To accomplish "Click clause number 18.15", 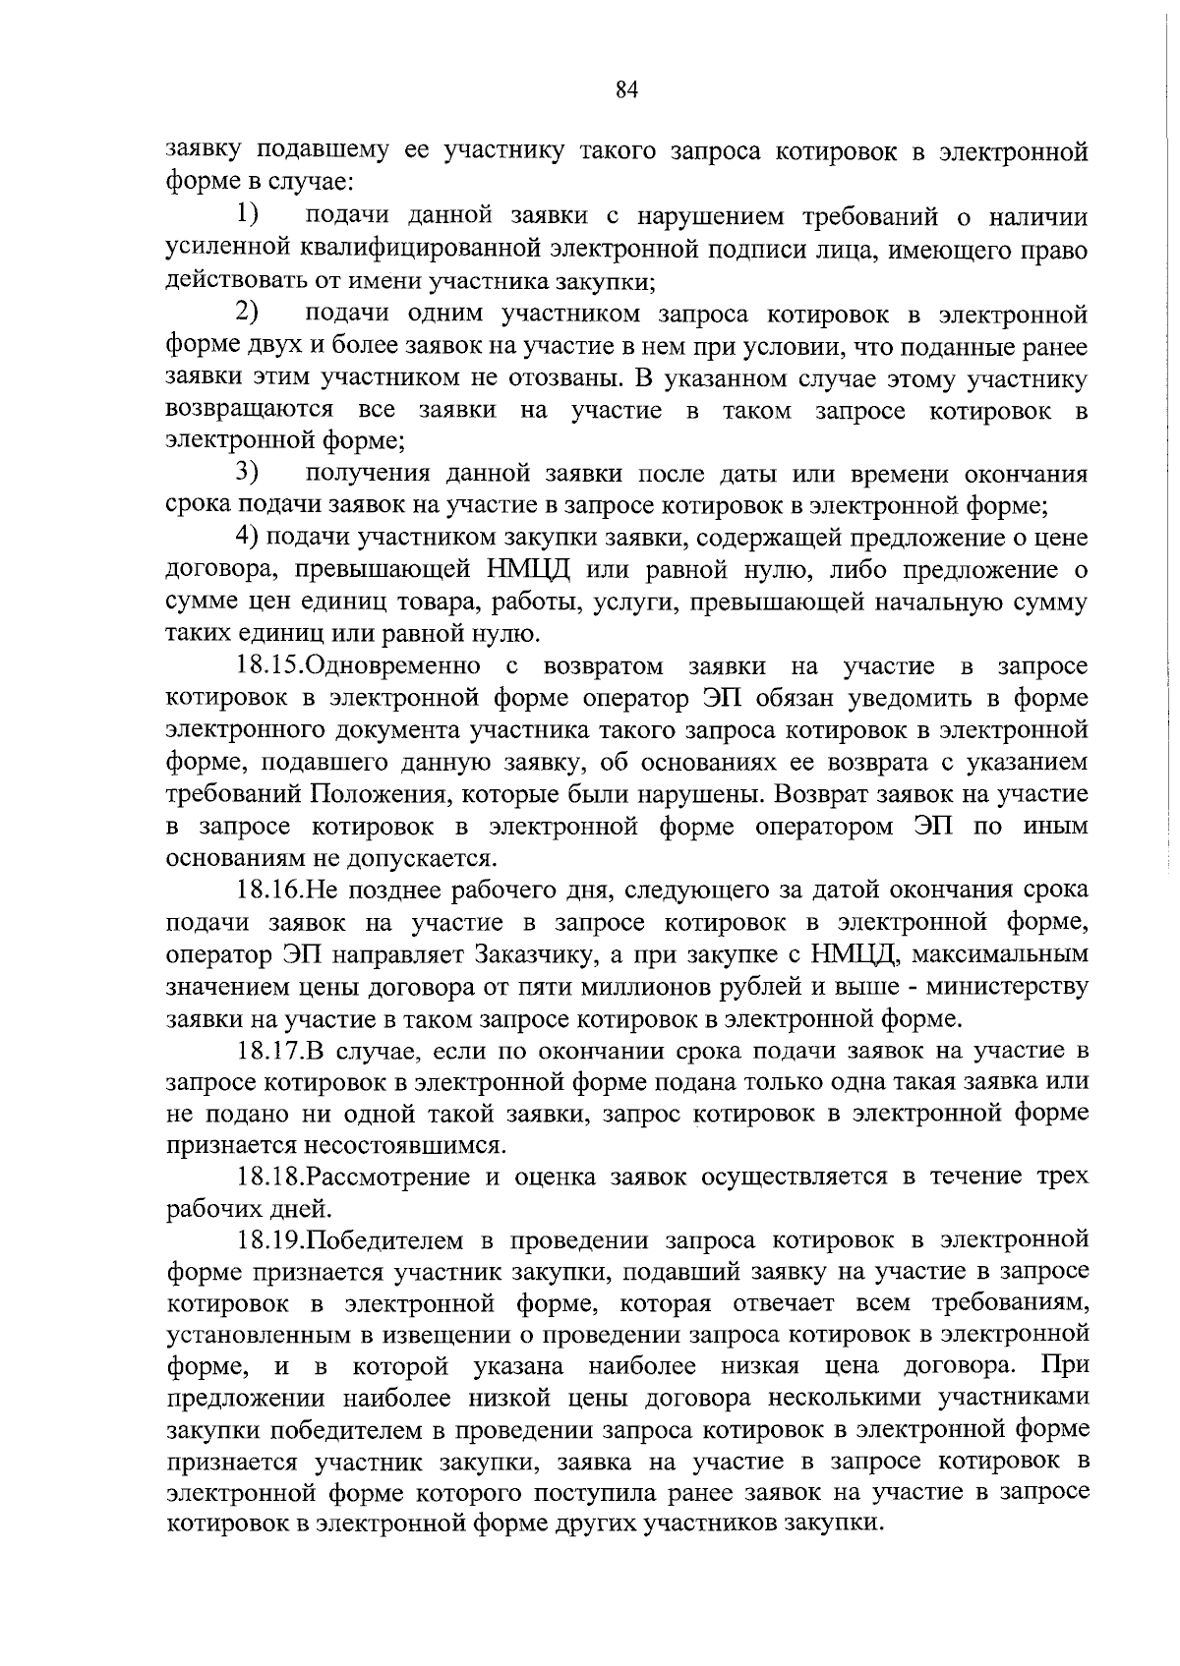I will pos(269,666).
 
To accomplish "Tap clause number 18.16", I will pos(269,890).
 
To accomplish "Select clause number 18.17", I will pos(269,1051).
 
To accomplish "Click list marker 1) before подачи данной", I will pos(247,215).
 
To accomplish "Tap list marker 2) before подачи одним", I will pos(247,314).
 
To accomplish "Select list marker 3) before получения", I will pos(247,474).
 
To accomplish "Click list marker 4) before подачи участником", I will pos(247,538).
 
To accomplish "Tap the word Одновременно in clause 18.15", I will pos(393,666).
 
